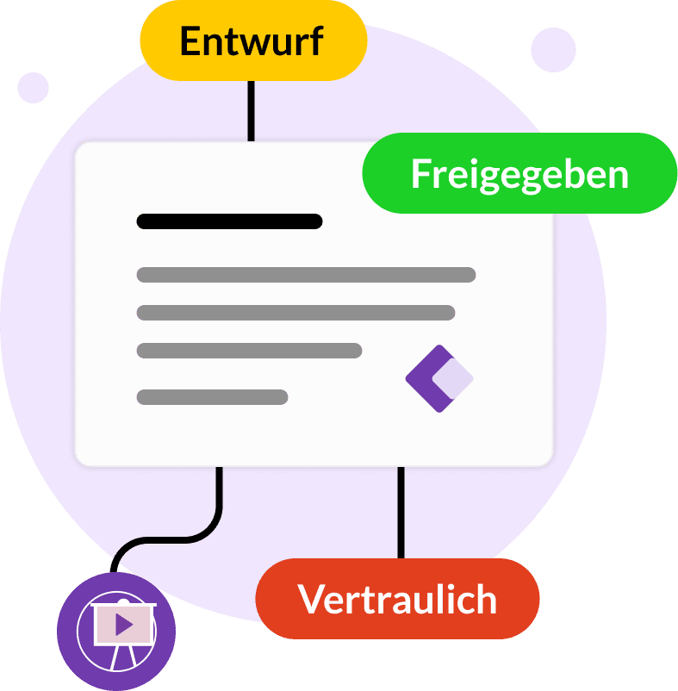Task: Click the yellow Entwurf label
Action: pos(253,41)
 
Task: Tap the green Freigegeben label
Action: pos(519,173)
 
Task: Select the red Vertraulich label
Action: pos(397,599)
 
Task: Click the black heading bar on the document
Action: pos(229,221)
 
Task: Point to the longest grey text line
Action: pos(306,275)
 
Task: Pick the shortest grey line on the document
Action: pos(212,397)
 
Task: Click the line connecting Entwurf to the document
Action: pos(251,110)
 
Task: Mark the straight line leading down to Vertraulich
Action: pos(401,513)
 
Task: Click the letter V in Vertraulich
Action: pos(313,599)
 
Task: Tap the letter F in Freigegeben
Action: pos(420,174)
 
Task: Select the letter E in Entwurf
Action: pos(192,41)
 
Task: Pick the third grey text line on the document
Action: pos(249,350)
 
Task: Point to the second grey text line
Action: pos(295,313)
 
